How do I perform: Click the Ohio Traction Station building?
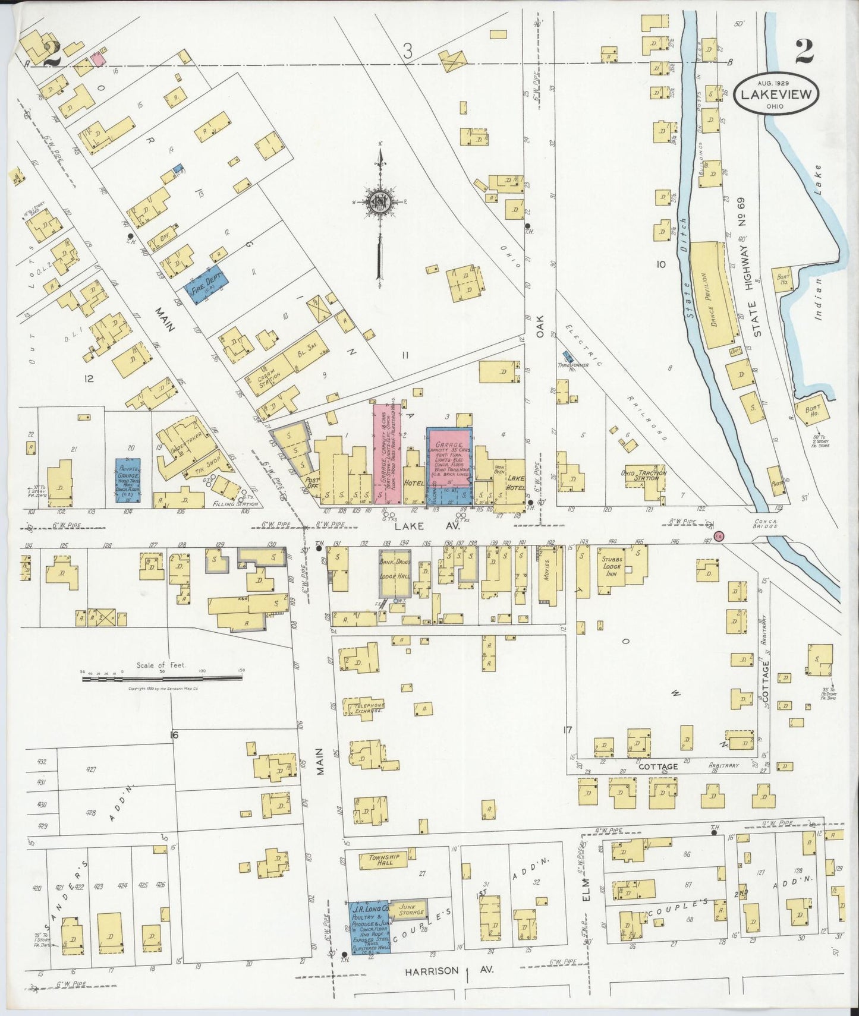646,475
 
